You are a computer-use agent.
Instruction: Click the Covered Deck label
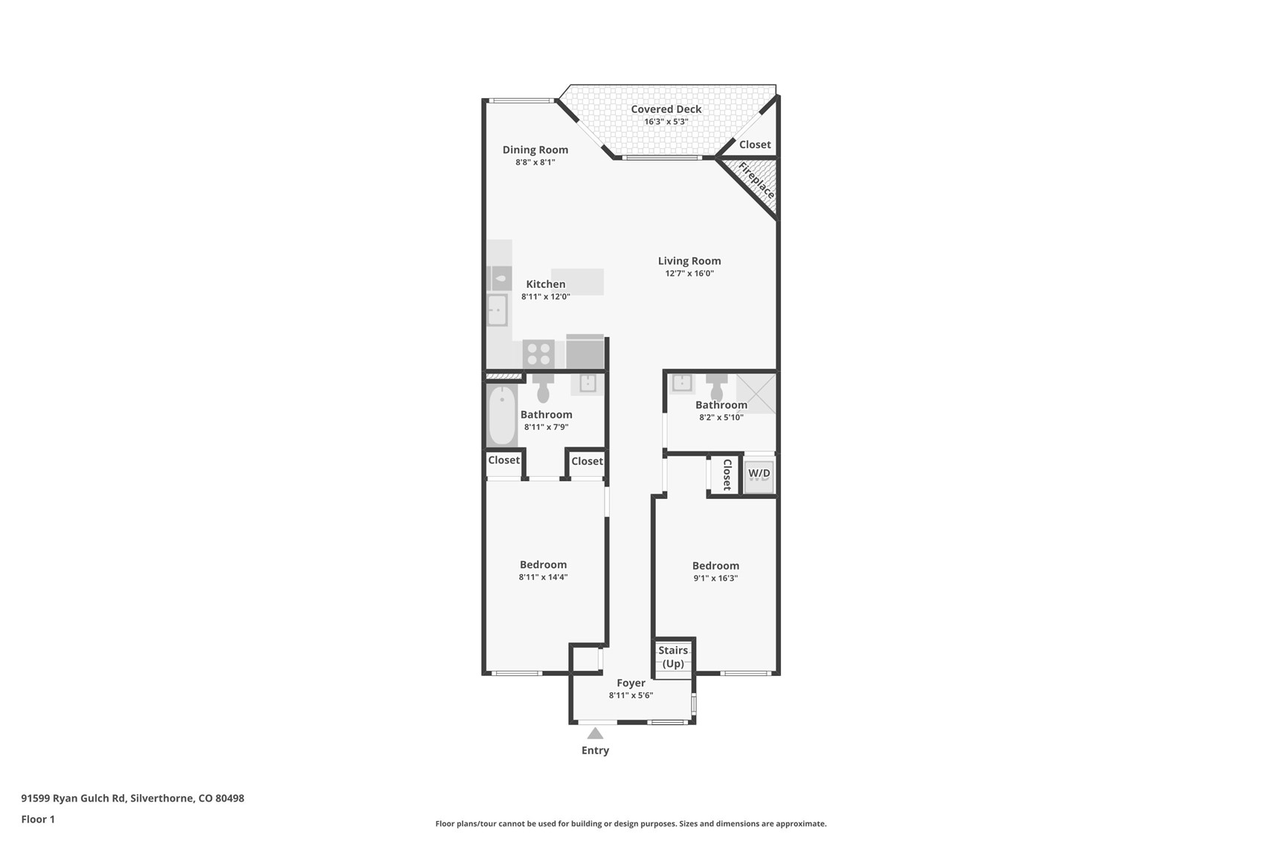point(666,109)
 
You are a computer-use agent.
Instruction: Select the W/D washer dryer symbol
point(759,474)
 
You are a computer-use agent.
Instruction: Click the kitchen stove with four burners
point(538,354)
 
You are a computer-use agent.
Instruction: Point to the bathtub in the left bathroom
point(502,416)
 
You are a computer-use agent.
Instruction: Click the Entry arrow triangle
point(595,734)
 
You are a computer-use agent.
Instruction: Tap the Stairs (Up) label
point(673,657)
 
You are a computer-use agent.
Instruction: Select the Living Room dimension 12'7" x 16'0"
point(689,274)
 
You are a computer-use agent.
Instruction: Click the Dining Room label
point(535,150)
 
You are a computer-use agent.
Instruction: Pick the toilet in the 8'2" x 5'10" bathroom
point(717,388)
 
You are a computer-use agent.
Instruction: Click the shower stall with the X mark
point(756,393)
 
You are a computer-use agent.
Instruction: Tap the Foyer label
point(631,683)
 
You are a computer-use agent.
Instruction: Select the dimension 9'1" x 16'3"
point(715,579)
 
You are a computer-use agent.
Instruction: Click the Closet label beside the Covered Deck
point(754,145)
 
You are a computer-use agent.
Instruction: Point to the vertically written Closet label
point(727,474)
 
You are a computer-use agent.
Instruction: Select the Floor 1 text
point(38,819)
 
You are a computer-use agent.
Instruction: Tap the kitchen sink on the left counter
point(497,310)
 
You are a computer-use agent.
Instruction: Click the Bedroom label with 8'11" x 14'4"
point(543,564)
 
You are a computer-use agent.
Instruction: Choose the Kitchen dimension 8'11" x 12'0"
point(545,297)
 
